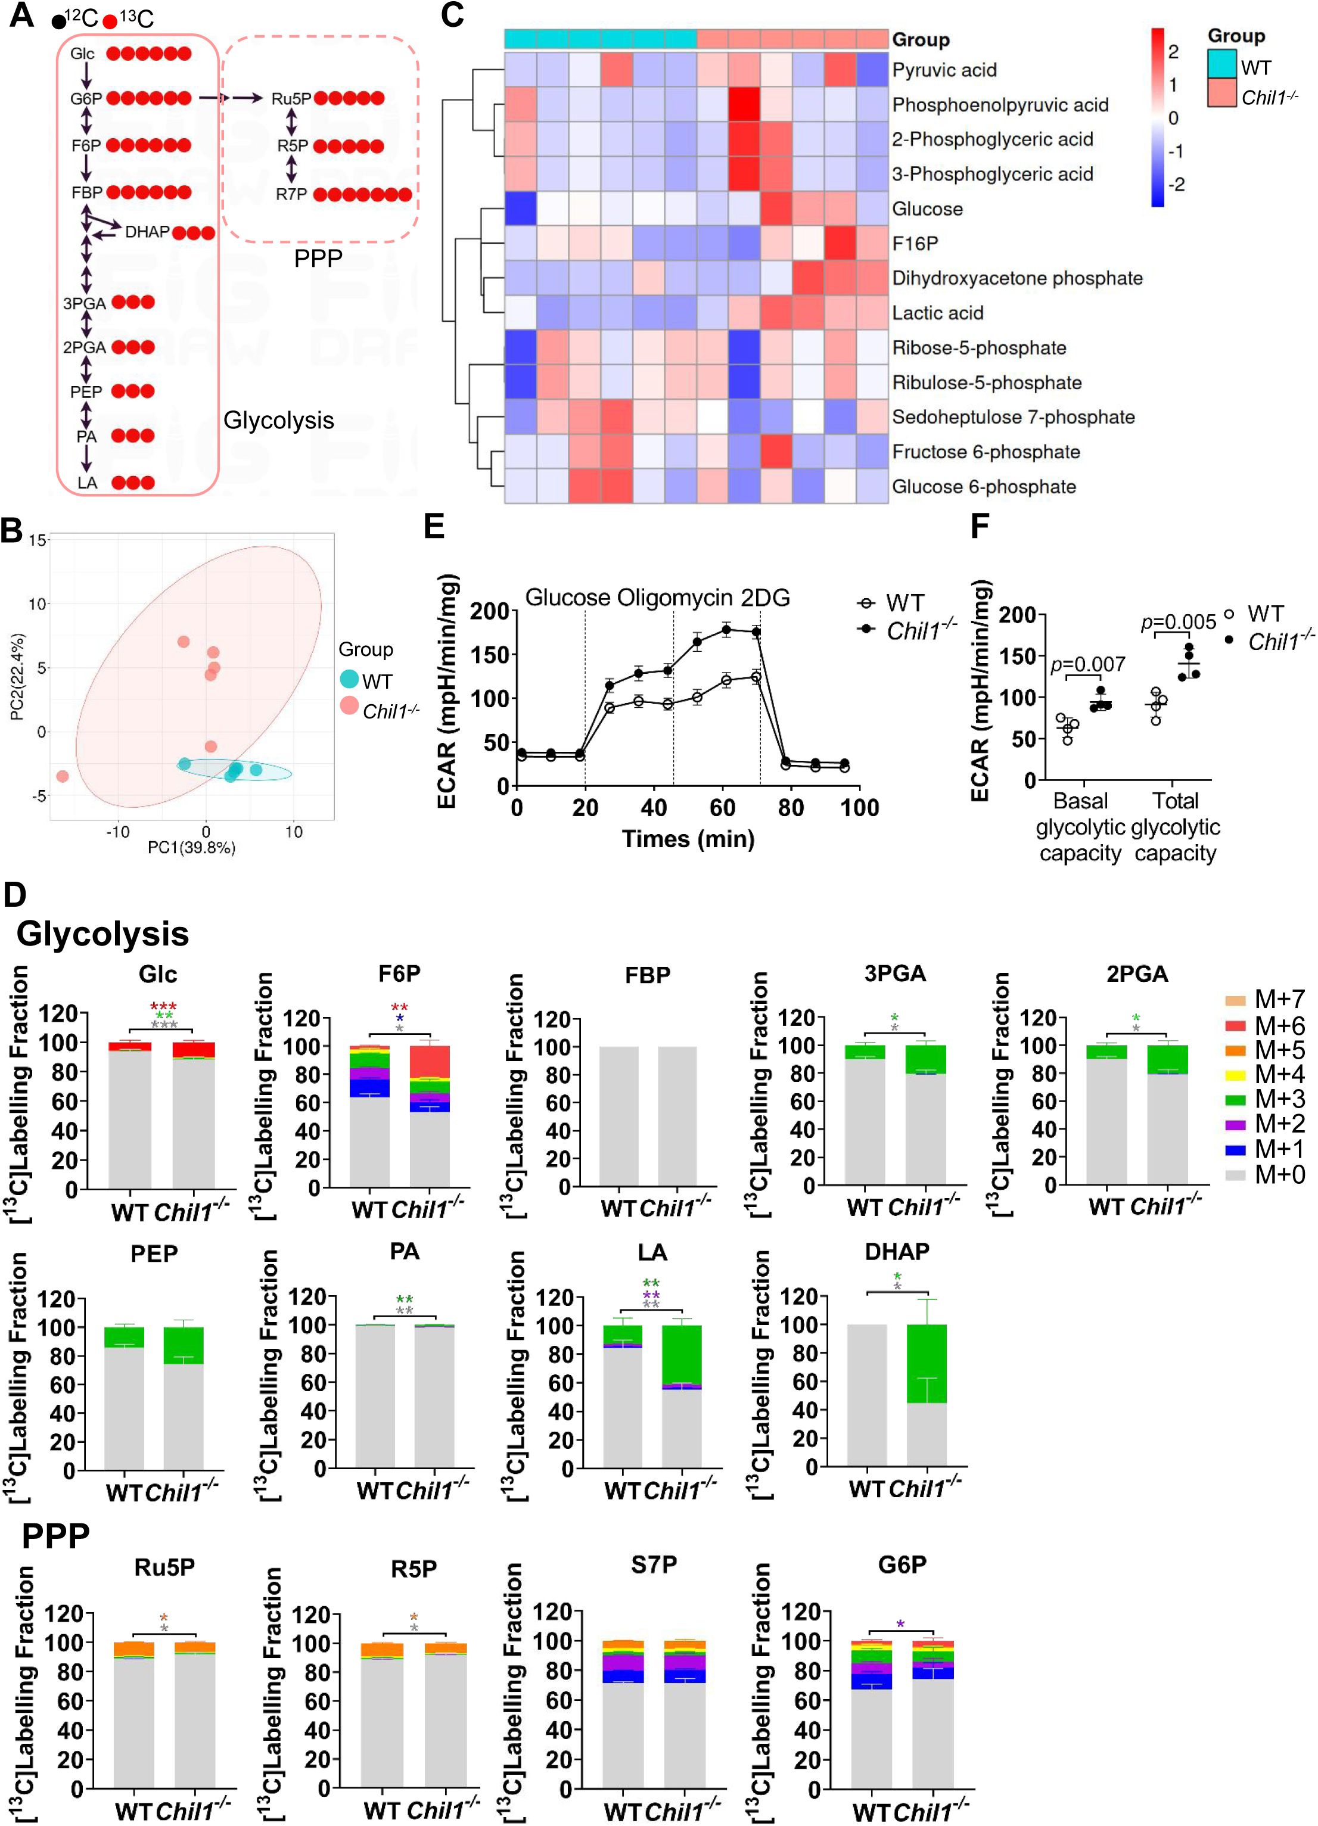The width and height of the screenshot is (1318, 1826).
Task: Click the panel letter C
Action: click(x=452, y=15)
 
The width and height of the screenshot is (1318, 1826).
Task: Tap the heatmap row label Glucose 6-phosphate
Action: click(x=983, y=486)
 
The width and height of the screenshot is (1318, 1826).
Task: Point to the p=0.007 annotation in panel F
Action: click(x=1088, y=664)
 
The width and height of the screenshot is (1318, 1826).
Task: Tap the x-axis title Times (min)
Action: click(x=688, y=839)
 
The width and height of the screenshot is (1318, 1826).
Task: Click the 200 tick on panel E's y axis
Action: click(x=490, y=611)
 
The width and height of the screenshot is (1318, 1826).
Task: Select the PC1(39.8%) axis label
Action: click(x=192, y=847)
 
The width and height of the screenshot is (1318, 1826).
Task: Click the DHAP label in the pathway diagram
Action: click(x=147, y=232)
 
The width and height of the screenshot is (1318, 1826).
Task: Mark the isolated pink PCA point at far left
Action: click(x=63, y=776)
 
